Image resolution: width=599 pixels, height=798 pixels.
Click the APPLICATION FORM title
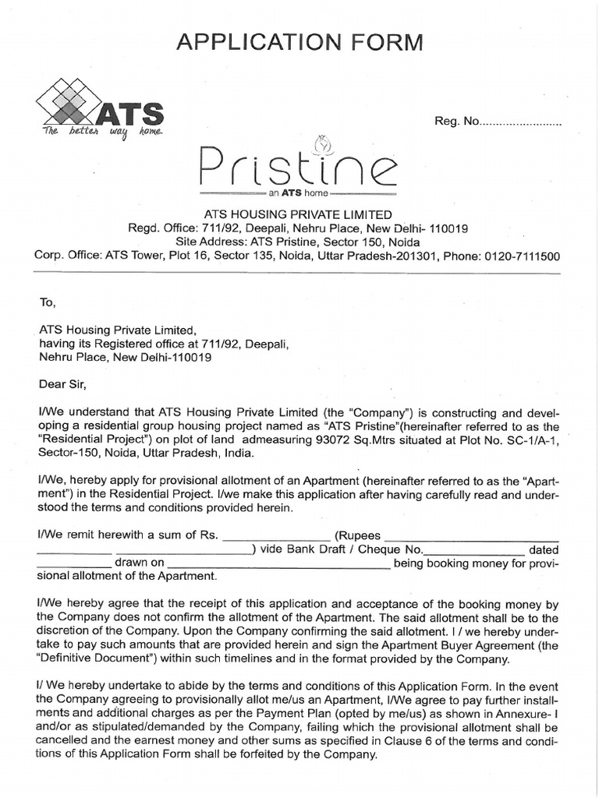pyautogui.click(x=299, y=42)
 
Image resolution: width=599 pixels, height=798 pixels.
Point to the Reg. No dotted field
pyautogui.click(x=521, y=123)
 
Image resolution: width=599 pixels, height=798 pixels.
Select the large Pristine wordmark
pyautogui.click(x=299, y=164)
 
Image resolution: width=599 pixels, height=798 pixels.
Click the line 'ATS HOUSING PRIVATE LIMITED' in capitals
pyautogui.click(x=298, y=214)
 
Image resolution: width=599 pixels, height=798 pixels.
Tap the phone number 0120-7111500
pyautogui.click(x=521, y=256)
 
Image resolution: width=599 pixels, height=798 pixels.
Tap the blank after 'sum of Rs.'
pyautogui.click(x=278, y=535)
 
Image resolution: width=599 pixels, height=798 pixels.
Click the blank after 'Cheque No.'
pyautogui.click(x=480, y=549)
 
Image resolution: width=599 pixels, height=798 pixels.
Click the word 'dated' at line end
pyautogui.click(x=544, y=549)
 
